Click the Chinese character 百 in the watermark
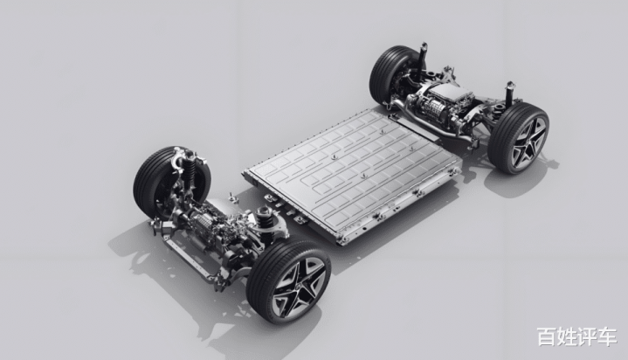click(547, 336)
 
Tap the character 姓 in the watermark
click(567, 336)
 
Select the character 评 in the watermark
click(587, 336)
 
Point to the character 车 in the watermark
click(607, 336)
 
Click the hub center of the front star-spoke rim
click(298, 287)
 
